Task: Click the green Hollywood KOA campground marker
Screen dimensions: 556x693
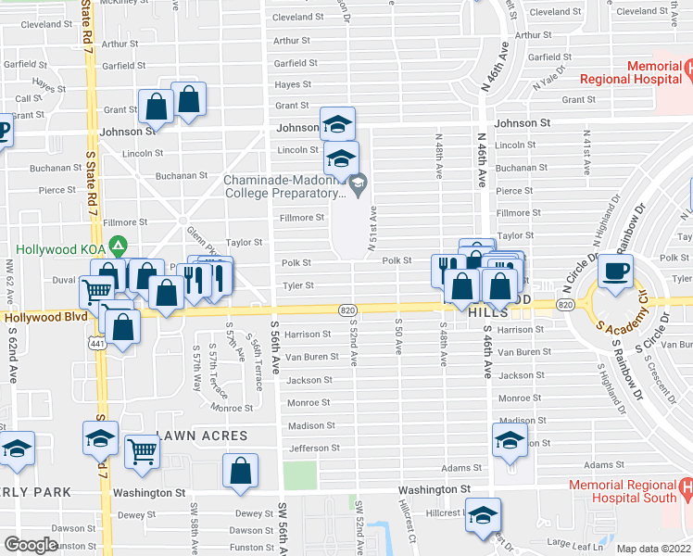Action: pos(118,247)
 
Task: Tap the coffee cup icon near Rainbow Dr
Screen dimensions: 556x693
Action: pos(615,271)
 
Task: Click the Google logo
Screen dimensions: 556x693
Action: pos(31,545)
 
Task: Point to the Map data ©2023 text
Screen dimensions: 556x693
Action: pos(654,549)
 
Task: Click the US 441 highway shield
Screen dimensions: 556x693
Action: pos(95,342)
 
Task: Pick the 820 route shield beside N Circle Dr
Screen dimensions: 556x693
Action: pos(565,304)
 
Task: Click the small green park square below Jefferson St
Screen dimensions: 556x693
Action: pos(299,475)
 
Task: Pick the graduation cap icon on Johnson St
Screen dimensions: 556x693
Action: pos(337,123)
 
